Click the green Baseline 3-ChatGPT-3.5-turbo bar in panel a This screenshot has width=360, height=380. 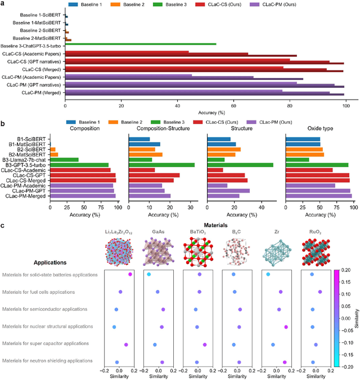[141, 44]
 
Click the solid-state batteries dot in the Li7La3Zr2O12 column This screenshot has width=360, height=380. [130, 274]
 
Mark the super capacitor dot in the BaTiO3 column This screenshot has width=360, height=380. [205, 345]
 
